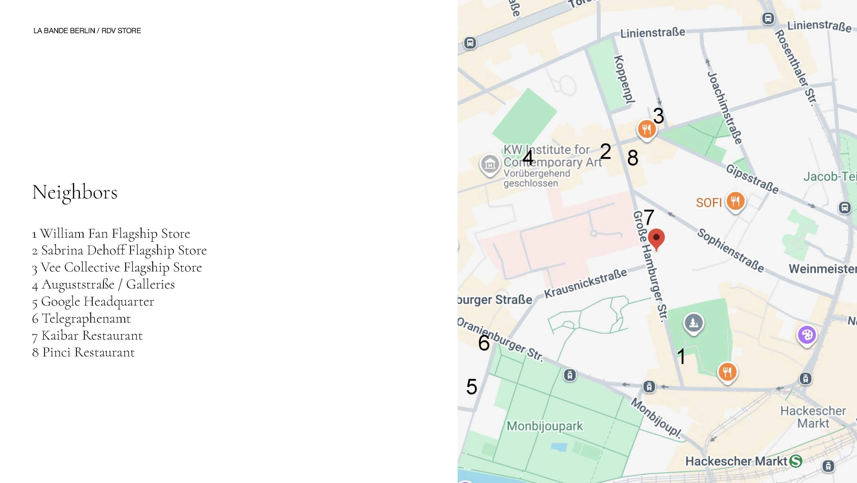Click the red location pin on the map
pos(656,238)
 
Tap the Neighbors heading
pos(75,192)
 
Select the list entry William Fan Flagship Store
pos(111,234)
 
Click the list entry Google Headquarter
pos(93,302)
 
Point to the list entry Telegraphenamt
pos(81,318)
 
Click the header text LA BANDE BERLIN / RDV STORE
pos(87,31)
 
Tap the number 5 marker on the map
pos(471,386)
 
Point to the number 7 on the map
pos(649,217)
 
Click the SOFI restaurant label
pos(709,202)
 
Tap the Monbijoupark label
pos(545,426)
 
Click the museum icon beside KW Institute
pos(490,164)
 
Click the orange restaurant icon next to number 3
pos(646,129)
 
